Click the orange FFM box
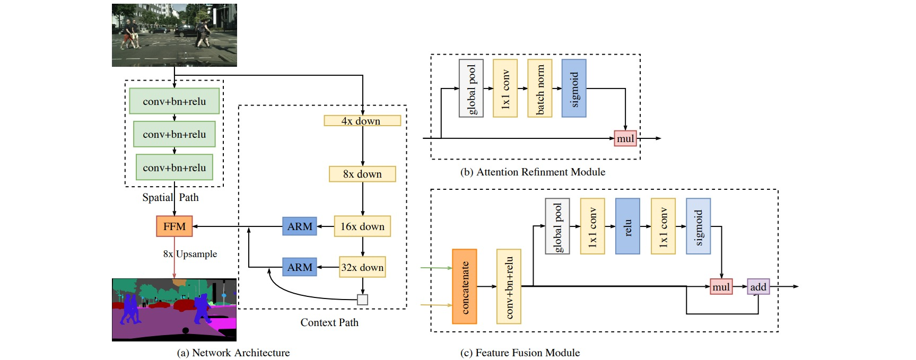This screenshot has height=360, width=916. [174, 226]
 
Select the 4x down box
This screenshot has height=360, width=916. [362, 121]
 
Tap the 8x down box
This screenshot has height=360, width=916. [362, 174]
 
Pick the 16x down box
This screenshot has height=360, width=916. [362, 226]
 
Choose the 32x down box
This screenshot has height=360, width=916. [362, 267]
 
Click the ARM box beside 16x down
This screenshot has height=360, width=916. [300, 226]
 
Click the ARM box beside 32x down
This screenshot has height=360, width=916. [300, 267]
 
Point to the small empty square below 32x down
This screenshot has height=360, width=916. [362, 300]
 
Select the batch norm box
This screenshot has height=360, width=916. [539, 88]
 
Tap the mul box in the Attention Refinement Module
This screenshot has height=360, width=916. [625, 138]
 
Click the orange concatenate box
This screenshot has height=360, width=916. [464, 286]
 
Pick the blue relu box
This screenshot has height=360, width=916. [627, 226]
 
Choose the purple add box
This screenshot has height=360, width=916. [758, 287]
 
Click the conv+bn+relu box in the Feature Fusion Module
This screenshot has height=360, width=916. [509, 286]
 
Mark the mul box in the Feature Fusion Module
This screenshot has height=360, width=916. [721, 287]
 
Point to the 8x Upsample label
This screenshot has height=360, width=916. [190, 254]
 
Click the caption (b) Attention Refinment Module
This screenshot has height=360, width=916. [533, 172]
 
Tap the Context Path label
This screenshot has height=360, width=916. [329, 322]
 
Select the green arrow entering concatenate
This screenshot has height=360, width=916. [436, 268]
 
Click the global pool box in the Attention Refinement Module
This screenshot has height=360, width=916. [471, 88]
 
